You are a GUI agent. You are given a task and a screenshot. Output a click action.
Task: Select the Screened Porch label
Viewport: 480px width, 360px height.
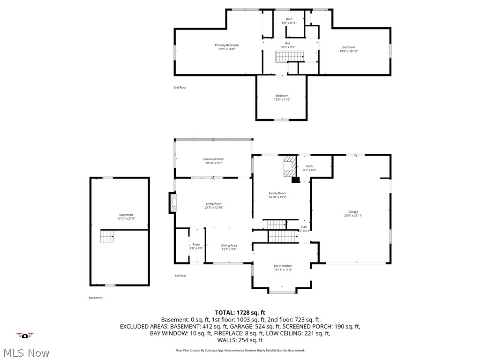[x=213, y=159]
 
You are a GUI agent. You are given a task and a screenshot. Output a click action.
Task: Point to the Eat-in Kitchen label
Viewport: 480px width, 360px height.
[x=283, y=266]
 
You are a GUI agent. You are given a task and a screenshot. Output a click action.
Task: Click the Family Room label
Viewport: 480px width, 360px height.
[x=277, y=193]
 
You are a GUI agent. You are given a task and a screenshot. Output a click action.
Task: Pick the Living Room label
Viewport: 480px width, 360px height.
[x=214, y=203]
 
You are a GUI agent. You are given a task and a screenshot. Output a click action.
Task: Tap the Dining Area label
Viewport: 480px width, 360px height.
[x=229, y=245]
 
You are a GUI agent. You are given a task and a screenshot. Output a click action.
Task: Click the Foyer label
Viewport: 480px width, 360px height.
[x=196, y=244]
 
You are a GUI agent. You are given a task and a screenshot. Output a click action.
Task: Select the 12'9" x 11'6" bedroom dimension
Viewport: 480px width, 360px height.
[x=282, y=99]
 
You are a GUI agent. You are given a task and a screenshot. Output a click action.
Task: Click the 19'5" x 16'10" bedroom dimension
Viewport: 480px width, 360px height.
[x=348, y=51]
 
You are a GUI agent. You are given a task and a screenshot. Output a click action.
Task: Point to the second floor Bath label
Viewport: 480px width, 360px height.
[x=289, y=19]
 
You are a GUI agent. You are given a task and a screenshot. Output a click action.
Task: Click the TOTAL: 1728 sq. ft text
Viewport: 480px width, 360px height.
[x=240, y=312]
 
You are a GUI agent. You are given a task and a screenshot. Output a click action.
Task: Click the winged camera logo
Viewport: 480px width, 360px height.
[x=25, y=335]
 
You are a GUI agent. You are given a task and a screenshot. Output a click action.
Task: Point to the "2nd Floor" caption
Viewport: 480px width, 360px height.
[x=180, y=87]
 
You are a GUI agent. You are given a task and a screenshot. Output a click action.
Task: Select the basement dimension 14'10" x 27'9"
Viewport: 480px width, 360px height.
[x=126, y=219]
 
